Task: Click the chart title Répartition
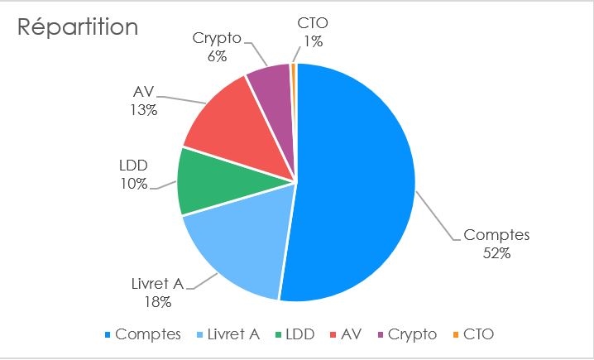tap(78, 26)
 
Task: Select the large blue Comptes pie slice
tap(356, 182)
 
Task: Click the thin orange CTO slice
tap(294, 74)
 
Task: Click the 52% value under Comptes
tap(497, 252)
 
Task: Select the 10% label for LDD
tap(133, 184)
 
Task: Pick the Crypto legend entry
tap(410, 334)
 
